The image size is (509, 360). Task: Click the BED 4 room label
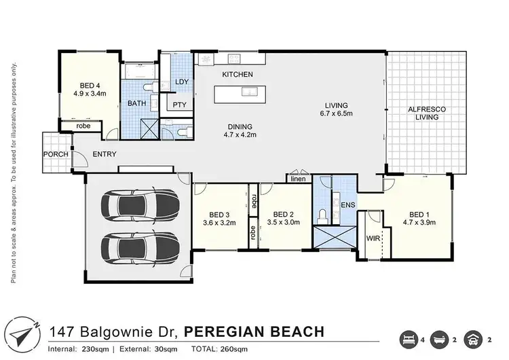pos(90,85)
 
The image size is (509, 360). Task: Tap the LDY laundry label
pos(182,82)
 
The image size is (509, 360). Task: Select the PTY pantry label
pos(179,105)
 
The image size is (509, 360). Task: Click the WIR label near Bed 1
pos(373,239)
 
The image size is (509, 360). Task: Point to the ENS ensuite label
pos(348,204)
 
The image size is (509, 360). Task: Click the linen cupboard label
pos(297,179)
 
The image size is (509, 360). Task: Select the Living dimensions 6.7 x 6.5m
pos(336,114)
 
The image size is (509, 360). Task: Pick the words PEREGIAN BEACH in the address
pos(254,331)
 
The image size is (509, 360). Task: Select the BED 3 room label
pos(219,212)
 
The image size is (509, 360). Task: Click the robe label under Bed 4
pos(83,126)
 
